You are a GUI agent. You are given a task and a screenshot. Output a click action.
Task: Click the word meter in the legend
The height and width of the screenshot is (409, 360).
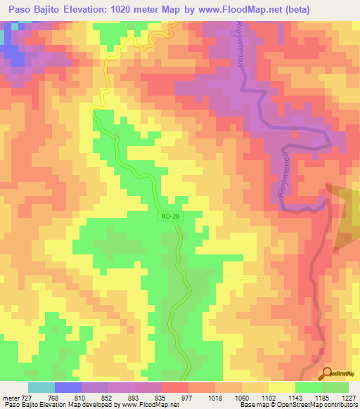pos(11,398)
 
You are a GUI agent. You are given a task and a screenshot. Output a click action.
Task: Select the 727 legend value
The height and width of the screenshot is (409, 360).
pos(29,398)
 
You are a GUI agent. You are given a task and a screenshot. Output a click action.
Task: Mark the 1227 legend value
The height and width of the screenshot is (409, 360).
pos(349,398)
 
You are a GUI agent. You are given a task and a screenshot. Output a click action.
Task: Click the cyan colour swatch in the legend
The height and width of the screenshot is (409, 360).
pos(41,387)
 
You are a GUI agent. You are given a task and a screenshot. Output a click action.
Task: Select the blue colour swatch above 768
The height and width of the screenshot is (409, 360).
pos(68,387)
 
